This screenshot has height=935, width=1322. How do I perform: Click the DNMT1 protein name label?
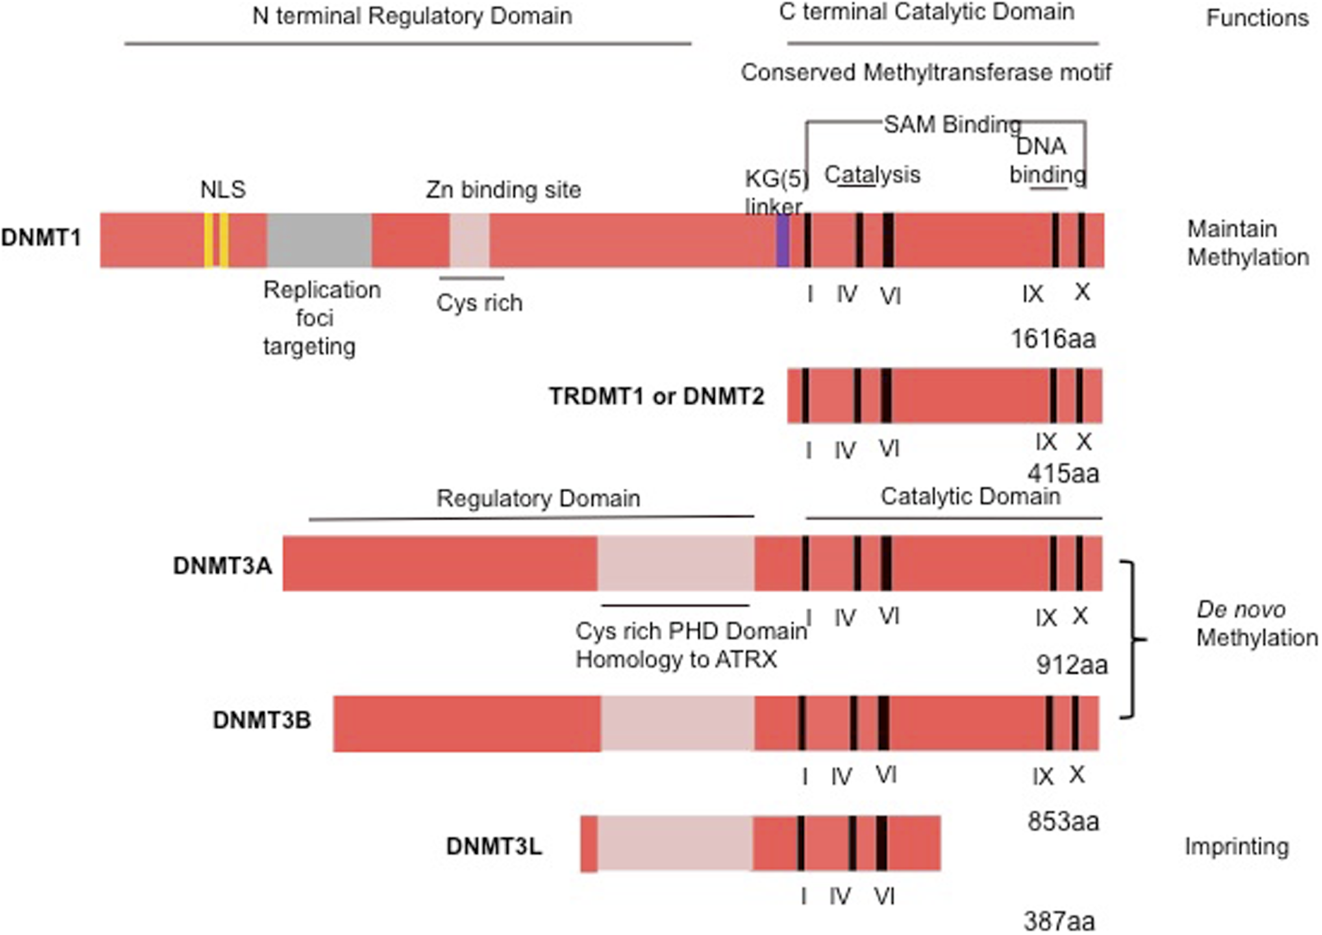[41, 237]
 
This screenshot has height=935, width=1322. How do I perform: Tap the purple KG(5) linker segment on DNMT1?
[783, 241]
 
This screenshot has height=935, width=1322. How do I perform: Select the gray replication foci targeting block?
[319, 240]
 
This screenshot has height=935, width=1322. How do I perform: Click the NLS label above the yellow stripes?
[223, 189]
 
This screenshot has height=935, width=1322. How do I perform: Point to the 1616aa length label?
[1053, 338]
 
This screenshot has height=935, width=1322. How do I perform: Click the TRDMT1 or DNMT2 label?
[656, 396]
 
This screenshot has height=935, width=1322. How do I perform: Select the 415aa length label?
[1063, 473]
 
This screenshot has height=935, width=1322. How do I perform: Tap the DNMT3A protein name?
[222, 565]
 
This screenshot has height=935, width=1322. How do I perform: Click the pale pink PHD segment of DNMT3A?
[676, 563]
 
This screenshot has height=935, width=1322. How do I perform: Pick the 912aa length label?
[1071, 665]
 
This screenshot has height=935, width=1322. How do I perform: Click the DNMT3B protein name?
[262, 720]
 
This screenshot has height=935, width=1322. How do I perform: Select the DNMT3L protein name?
[494, 846]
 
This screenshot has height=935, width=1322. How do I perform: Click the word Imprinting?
[1236, 846]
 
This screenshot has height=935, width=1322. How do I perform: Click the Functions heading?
[1257, 19]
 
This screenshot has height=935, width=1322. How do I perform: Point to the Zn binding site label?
[503, 189]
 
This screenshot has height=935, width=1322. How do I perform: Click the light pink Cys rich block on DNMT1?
[469, 240]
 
